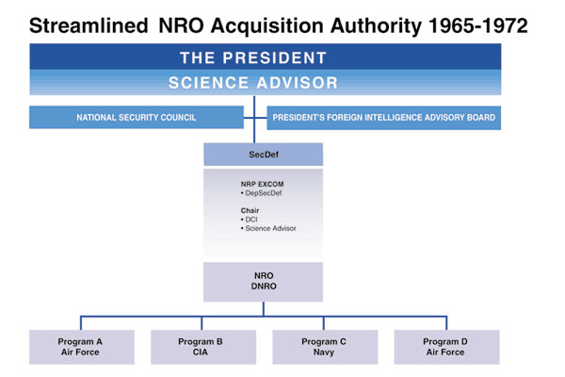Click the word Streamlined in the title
pyautogui.click(x=89, y=26)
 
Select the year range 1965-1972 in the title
pyautogui.click(x=478, y=26)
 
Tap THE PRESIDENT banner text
pyautogui.click(x=253, y=57)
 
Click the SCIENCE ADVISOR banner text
pyautogui.click(x=253, y=83)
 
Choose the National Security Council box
pyautogui.click(x=137, y=117)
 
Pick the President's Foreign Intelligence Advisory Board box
pyautogui.click(x=384, y=118)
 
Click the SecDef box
pyautogui.click(x=263, y=155)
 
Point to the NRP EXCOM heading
pyautogui.click(x=262, y=184)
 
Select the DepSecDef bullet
pyautogui.click(x=261, y=193)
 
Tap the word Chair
pyautogui.click(x=250, y=210)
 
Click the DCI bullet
pyautogui.click(x=249, y=220)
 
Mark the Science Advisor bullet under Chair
pyautogui.click(x=268, y=228)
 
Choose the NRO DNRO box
pyautogui.click(x=263, y=282)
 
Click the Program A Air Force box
pyautogui.click(x=82, y=347)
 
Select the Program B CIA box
pyautogui.click(x=203, y=347)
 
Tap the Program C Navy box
pyautogui.click(x=325, y=347)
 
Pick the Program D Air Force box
pyautogui.click(x=446, y=347)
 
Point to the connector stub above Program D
pyautogui.click(x=446, y=323)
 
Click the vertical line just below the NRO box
pyautogui.click(x=264, y=309)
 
